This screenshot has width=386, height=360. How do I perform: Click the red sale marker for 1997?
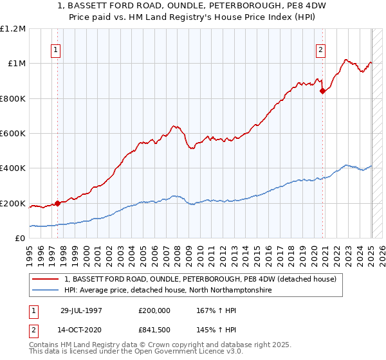tap(57, 203)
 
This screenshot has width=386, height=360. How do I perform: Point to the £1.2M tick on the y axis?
tap(13, 29)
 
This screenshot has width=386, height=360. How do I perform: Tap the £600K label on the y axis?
tap(13, 134)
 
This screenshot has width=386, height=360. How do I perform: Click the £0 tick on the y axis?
tap(21, 239)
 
